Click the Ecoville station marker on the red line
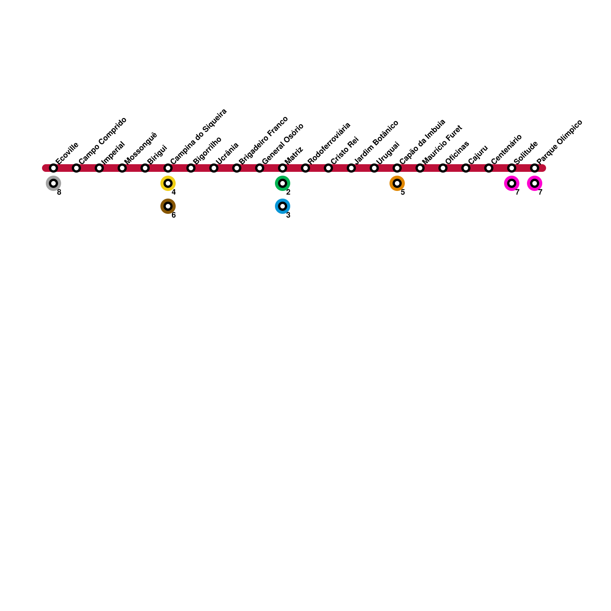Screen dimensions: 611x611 click(x=53, y=168)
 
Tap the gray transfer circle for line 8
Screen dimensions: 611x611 click(x=53, y=183)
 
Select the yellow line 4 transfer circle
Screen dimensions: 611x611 click(x=168, y=183)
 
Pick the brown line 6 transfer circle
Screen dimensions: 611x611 click(x=168, y=206)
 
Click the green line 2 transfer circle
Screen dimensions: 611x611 click(x=283, y=183)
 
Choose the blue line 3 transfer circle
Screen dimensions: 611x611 click(x=283, y=206)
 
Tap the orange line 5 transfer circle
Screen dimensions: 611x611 click(x=397, y=183)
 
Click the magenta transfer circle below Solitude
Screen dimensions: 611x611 click(x=512, y=183)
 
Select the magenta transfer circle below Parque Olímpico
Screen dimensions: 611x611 click(x=535, y=183)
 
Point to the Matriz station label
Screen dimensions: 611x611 click(x=294, y=155)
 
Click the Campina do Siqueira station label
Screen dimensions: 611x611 click(x=199, y=136)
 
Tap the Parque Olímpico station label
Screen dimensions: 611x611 click(x=559, y=142)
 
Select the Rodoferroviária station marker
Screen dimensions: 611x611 click(x=305, y=168)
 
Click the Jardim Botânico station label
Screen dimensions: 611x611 click(x=376, y=142)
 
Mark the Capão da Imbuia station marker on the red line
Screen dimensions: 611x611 click(x=397, y=168)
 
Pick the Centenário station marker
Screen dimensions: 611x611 click(x=489, y=168)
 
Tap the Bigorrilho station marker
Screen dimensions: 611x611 click(x=191, y=168)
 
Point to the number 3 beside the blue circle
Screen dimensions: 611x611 click(x=288, y=215)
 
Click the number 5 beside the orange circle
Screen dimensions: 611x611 click(x=403, y=192)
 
